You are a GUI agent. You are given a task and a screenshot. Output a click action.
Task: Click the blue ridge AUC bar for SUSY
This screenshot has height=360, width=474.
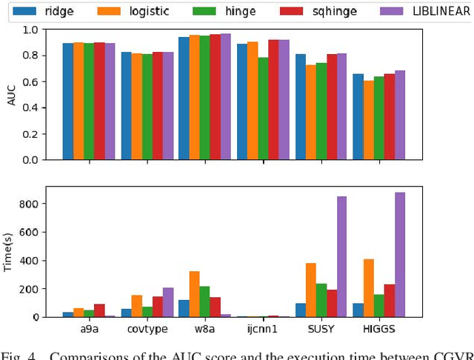pos(301,107)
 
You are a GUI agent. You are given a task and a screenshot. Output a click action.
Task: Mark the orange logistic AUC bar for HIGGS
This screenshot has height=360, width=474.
pos(369,120)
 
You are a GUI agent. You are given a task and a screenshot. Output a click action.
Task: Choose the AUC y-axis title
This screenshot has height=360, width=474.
pos(11,94)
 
